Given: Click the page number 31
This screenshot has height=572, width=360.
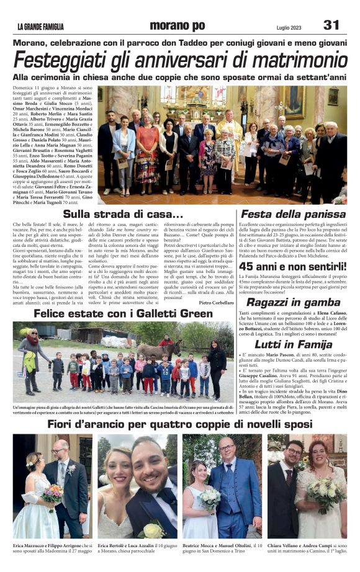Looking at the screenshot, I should tap(331, 25).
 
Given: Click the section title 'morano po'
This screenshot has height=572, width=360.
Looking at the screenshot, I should tap(176, 25).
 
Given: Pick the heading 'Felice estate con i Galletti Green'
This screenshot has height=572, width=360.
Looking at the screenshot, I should tap(123, 314).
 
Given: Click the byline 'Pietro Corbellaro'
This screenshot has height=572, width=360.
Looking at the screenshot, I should tap(217, 302).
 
